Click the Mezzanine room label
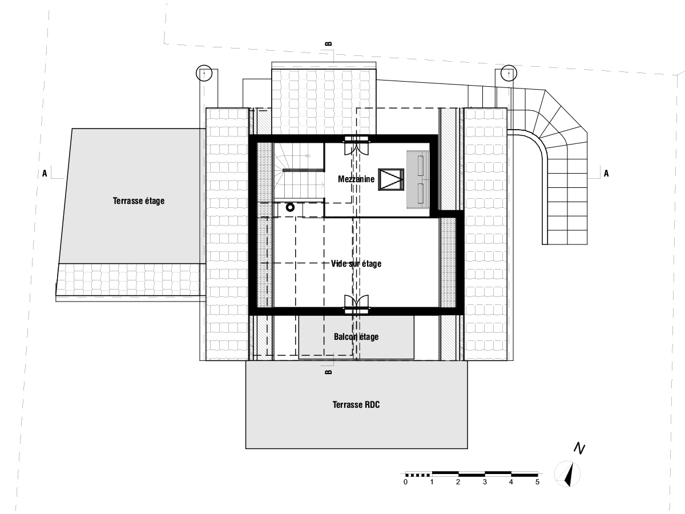[x=356, y=179]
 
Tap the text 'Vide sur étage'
[x=356, y=264]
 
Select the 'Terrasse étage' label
[x=139, y=200]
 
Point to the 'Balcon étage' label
[x=356, y=337]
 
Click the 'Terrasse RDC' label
[x=356, y=405]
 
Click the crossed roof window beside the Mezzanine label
[x=391, y=179]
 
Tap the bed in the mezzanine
[x=418, y=179]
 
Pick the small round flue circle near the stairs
[x=290, y=207]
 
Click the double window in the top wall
[x=356, y=146]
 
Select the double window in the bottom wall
[x=356, y=304]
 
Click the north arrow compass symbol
[x=567, y=474]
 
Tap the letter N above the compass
[x=579, y=449]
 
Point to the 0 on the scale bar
[x=405, y=482]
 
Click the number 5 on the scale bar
[x=537, y=482]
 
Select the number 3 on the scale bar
[x=485, y=482]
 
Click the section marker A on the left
[x=45, y=174]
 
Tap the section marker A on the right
[x=606, y=174]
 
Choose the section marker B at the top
[x=329, y=44]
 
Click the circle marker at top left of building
[x=204, y=73]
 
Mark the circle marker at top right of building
[x=509, y=73]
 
